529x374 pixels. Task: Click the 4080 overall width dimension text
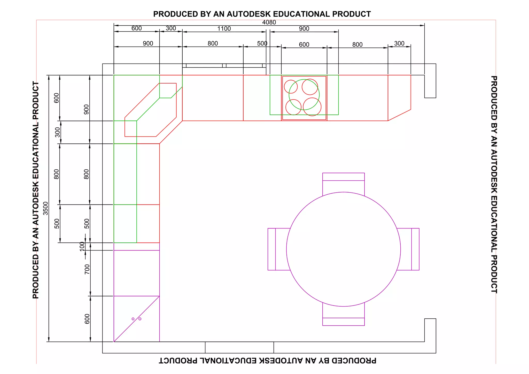tap(269, 22)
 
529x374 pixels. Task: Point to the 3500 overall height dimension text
tap(45, 208)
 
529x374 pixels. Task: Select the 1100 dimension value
tap(224, 28)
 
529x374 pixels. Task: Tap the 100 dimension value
tap(82, 246)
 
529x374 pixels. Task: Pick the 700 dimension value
tap(87, 269)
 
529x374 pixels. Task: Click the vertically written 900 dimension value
tap(86, 109)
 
